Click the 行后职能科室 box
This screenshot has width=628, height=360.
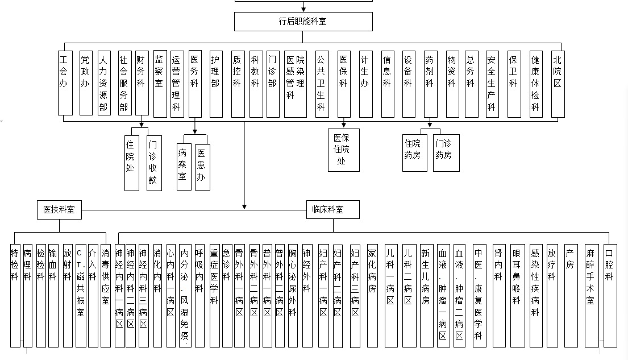point(303,21)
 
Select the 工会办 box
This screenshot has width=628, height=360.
point(65,83)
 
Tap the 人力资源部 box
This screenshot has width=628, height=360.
point(104,83)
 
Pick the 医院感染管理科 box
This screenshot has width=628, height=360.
point(295,84)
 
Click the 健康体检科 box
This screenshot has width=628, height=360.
point(536,84)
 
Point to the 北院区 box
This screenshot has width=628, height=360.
point(558,84)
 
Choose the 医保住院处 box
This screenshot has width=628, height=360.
point(344,150)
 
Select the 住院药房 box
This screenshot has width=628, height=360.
point(414,153)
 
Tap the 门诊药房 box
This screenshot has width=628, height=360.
point(446,153)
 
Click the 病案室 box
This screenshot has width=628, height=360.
point(184,167)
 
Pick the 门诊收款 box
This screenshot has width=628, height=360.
point(154,163)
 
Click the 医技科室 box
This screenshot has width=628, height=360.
point(59,210)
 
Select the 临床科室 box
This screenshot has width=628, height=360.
point(333,209)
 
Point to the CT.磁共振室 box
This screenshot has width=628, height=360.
point(81,296)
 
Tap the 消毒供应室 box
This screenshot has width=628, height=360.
point(105,296)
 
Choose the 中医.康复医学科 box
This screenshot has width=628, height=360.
point(480,296)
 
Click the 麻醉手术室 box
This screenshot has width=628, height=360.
point(592,296)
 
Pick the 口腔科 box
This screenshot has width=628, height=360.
point(610,296)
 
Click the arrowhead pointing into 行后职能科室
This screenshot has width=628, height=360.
point(303,9)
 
